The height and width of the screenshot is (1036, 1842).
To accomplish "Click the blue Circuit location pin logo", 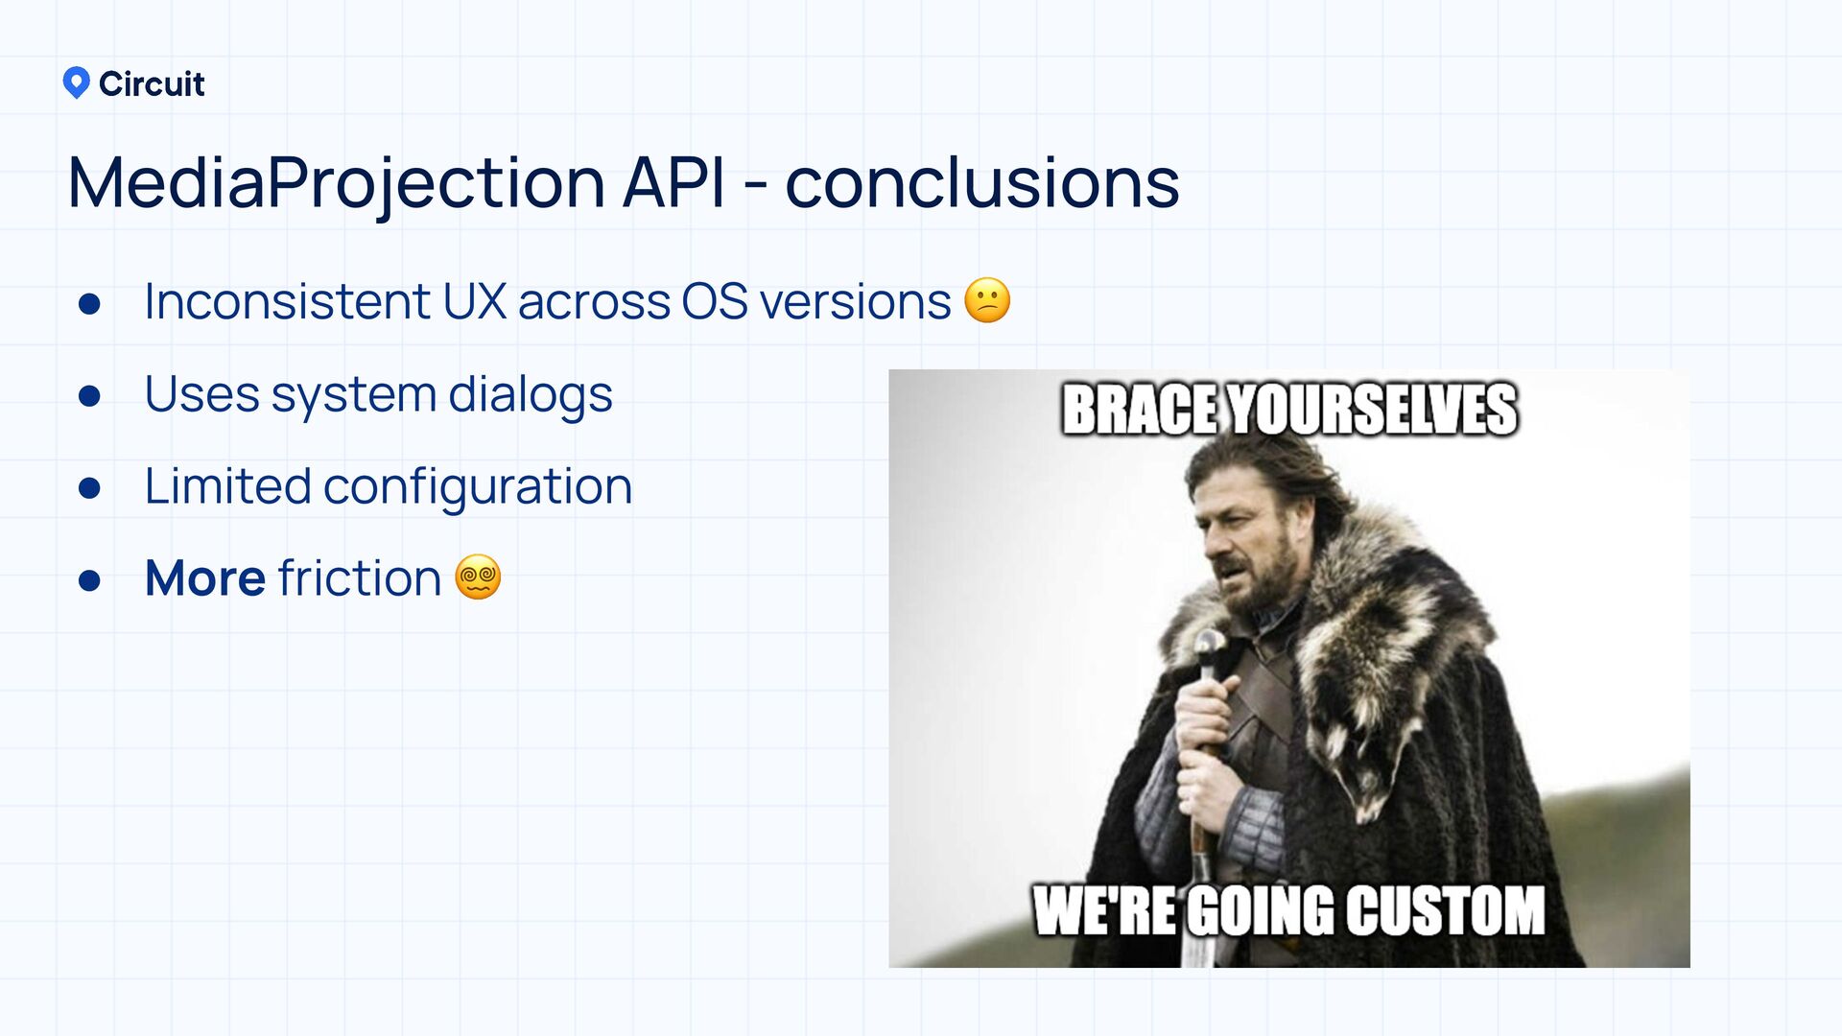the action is point(76,83).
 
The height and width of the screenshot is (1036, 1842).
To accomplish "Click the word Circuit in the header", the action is point(152,84).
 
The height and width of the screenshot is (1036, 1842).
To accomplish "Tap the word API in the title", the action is point(673,182).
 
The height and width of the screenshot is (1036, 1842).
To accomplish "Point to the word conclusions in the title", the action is point(982,182).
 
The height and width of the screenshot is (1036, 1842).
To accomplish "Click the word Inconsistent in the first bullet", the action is point(287,301).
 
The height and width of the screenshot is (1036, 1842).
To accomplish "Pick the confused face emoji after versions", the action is point(987,301).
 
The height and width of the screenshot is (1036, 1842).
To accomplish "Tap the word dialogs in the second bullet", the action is point(531,395).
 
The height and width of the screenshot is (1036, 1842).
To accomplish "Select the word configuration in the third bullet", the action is point(478,487).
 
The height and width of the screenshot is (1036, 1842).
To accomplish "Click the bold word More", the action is point(205,577).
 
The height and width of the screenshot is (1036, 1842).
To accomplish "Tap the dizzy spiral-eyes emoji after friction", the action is point(478,577).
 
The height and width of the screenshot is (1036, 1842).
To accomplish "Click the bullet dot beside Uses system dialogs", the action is point(89,396).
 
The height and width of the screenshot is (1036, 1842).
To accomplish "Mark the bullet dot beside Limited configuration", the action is point(89,488).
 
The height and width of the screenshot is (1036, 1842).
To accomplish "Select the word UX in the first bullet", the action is point(475,301).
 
